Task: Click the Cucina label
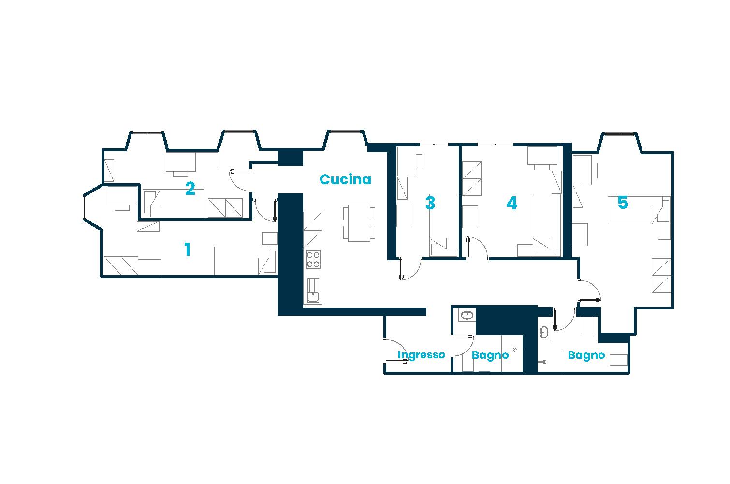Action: [345, 179]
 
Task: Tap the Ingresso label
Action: [422, 354]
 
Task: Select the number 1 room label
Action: [187, 249]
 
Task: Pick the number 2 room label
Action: [190, 189]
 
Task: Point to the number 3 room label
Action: [430, 203]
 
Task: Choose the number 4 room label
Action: [511, 203]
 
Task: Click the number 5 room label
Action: [623, 203]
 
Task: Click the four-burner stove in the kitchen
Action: [313, 260]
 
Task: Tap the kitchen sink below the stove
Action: [313, 291]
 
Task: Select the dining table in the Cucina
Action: [359, 223]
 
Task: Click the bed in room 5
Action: [639, 210]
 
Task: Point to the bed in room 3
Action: [443, 225]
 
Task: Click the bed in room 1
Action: [246, 261]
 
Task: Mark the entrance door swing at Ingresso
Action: [396, 351]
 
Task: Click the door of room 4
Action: [478, 248]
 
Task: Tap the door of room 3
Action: [410, 269]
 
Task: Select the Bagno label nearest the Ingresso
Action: [490, 355]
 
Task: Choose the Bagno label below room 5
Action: [586, 355]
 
